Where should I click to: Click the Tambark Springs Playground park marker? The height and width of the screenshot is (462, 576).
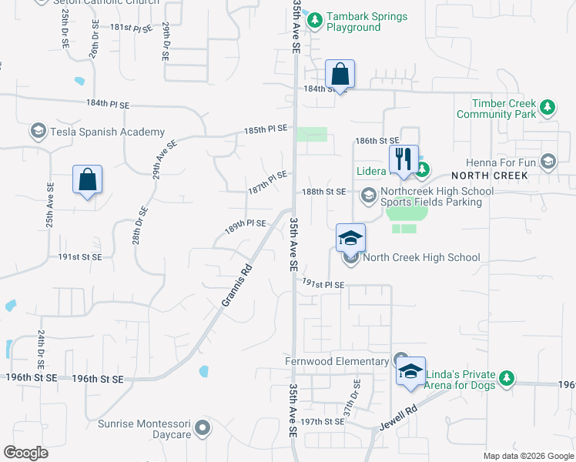pyautogui.click(x=314, y=21)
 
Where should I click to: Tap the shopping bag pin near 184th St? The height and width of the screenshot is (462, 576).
pyautogui.click(x=340, y=75)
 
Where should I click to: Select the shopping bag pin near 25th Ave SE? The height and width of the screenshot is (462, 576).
pyautogui.click(x=88, y=180)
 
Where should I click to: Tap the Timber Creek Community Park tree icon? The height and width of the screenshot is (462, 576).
pyautogui.click(x=548, y=107)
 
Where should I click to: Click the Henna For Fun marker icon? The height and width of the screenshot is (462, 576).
pyautogui.click(x=548, y=162)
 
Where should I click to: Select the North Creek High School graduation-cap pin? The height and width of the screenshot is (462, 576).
pyautogui.click(x=350, y=239)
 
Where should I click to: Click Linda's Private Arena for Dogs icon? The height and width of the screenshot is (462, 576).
pyautogui.click(x=506, y=378)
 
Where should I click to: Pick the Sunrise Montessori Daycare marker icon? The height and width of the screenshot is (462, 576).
pyautogui.click(x=203, y=427)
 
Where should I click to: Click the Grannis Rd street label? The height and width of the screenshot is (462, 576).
pyautogui.click(x=237, y=285)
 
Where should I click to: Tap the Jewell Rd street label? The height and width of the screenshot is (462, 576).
pyautogui.click(x=398, y=417)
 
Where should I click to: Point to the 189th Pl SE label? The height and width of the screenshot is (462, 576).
pyautogui.click(x=245, y=223)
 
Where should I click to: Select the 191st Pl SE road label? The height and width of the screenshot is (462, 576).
pyautogui.click(x=323, y=284)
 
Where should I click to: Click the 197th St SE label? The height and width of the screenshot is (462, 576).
pyautogui.click(x=322, y=422)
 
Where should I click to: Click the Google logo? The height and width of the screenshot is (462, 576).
pyautogui.click(x=25, y=453)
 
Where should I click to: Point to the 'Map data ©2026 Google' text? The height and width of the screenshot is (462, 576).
pyautogui.click(x=527, y=456)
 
